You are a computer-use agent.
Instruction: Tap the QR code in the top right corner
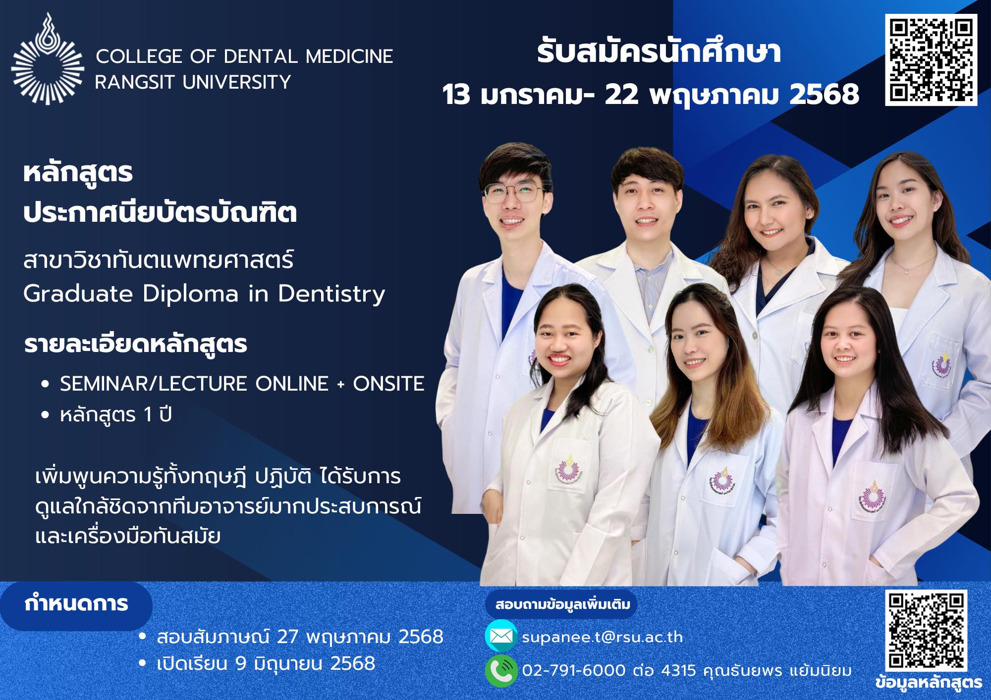932,59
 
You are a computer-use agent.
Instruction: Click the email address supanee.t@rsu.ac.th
603,637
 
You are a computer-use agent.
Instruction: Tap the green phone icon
501,670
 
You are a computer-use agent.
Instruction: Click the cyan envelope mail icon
501,636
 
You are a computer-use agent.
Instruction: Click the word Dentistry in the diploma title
331,294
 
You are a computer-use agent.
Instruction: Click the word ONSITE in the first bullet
388,384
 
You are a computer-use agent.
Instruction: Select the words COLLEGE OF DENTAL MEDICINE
244,56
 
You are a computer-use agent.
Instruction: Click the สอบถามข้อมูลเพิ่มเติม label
563,604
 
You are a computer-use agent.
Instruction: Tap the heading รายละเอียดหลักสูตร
135,345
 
